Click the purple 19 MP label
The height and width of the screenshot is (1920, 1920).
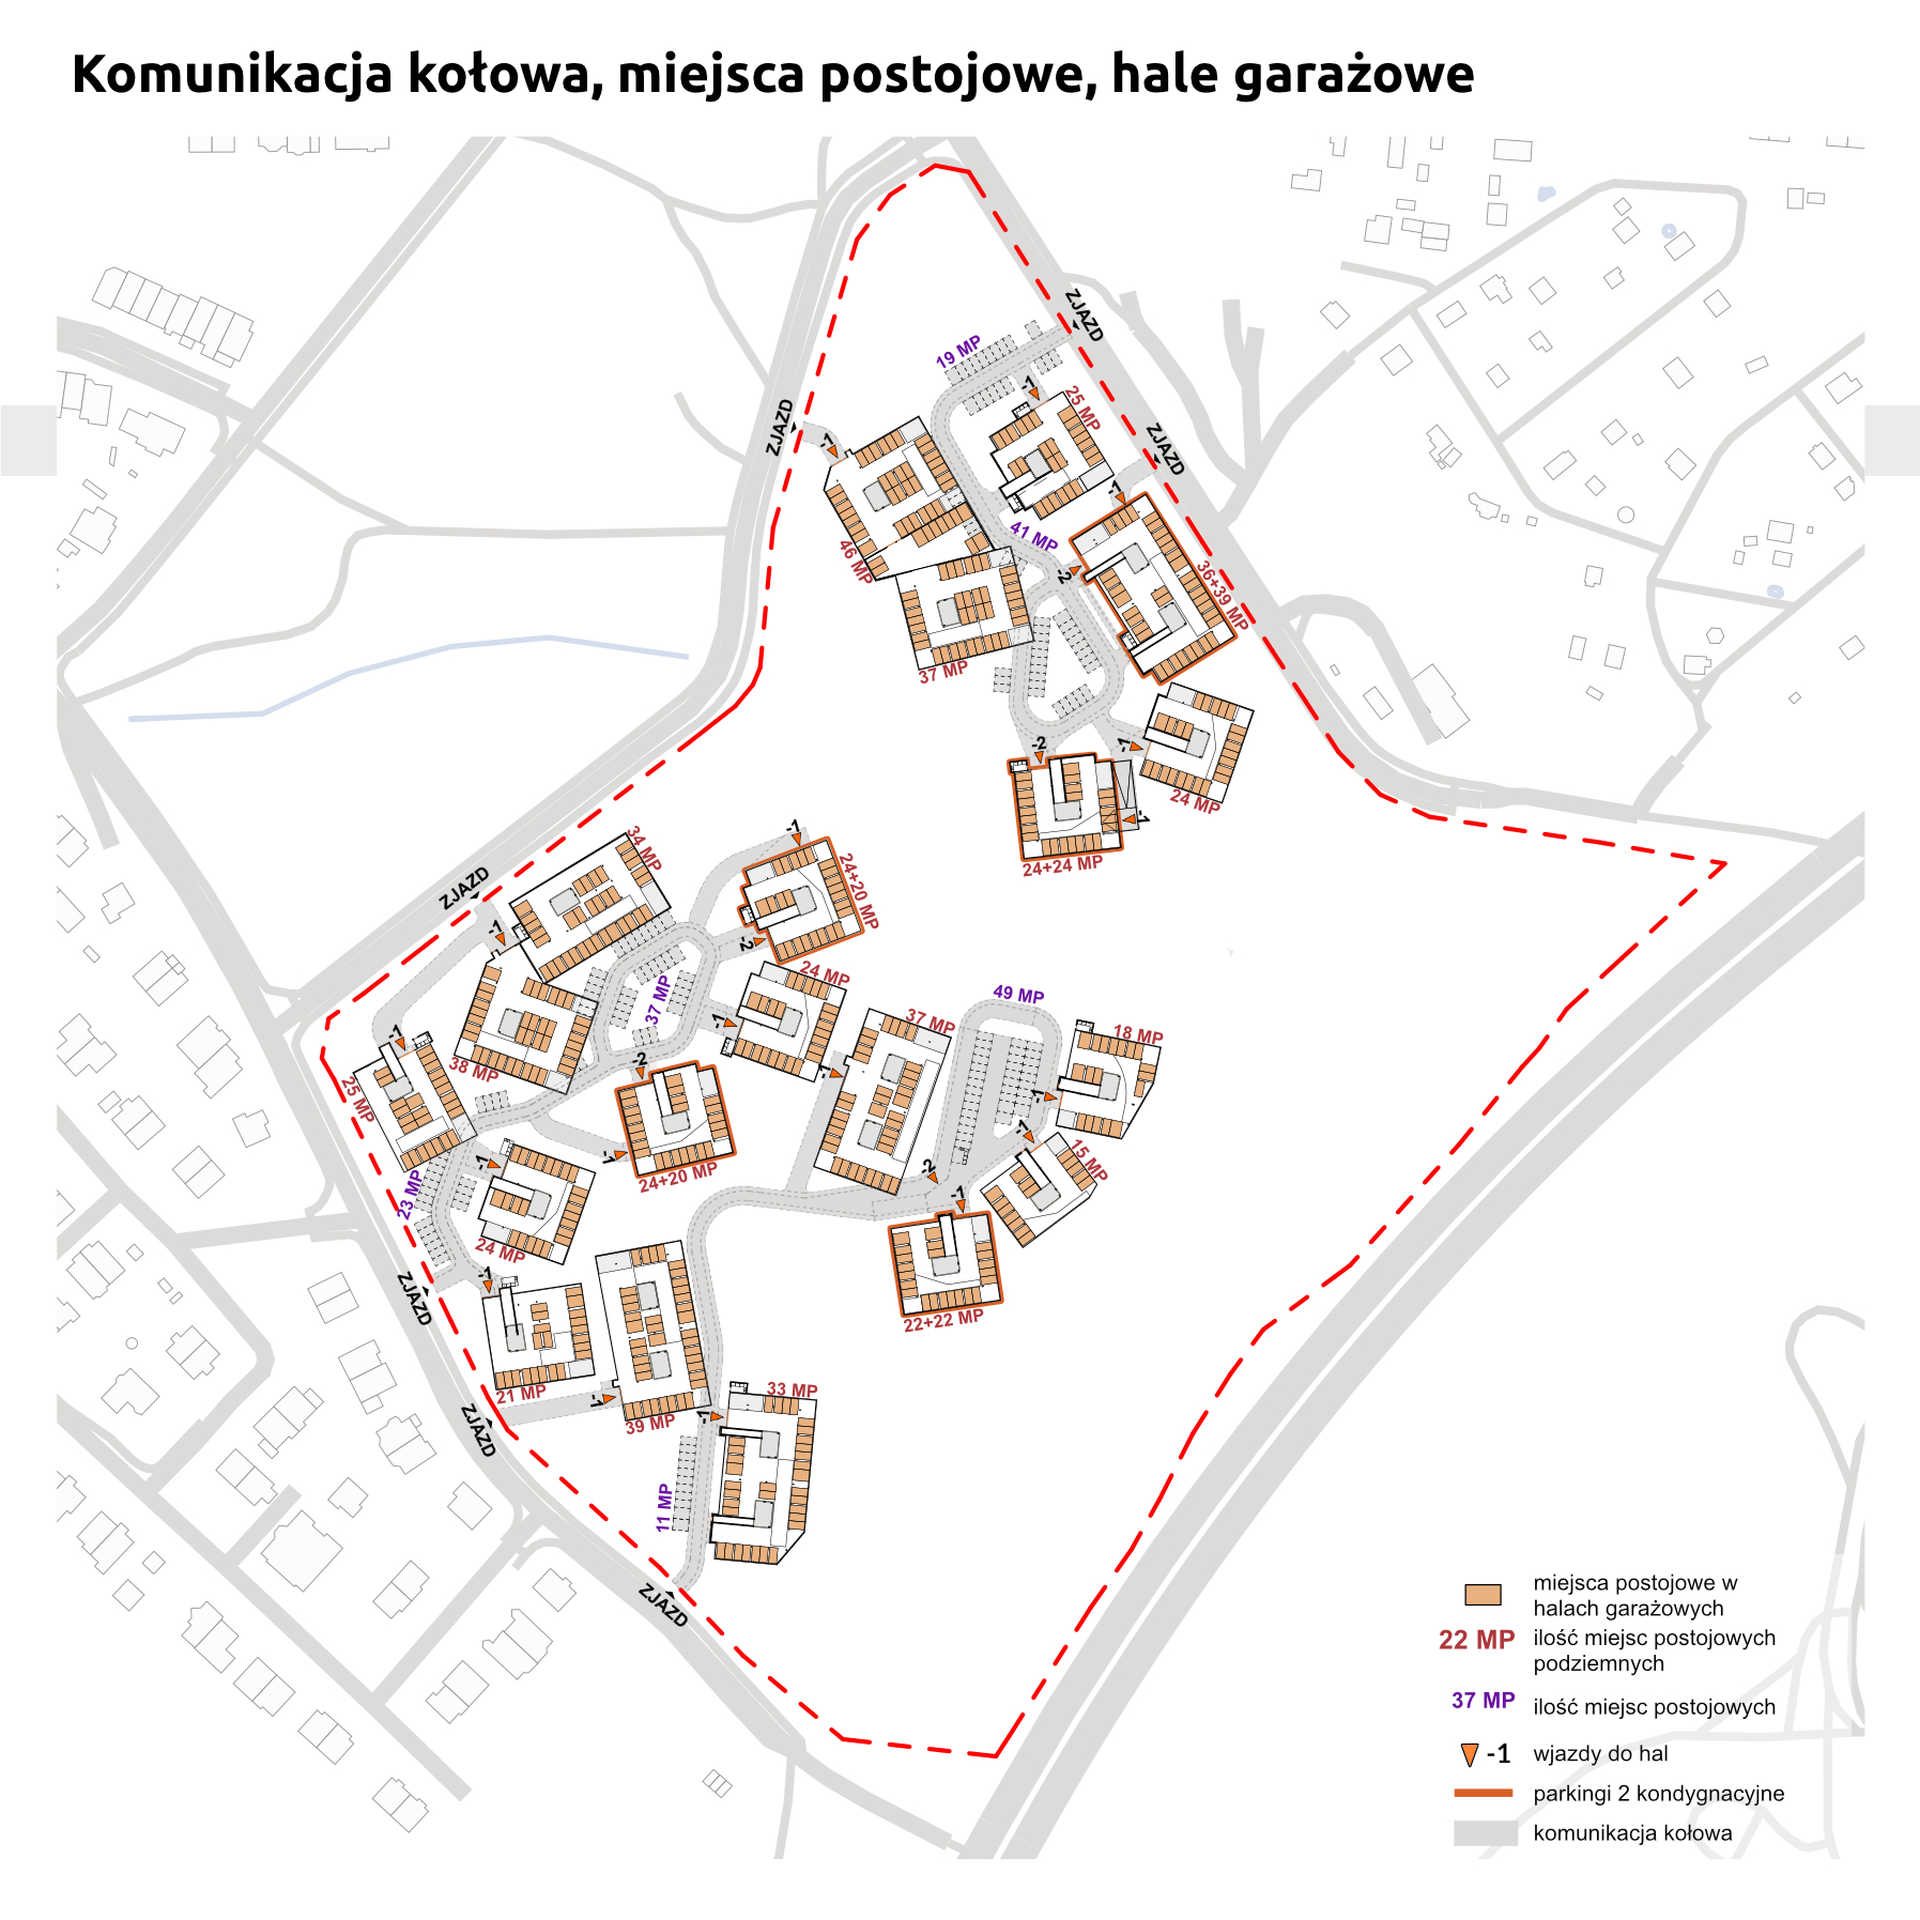pos(958,352)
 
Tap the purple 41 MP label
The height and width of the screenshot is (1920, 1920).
pos(1033,536)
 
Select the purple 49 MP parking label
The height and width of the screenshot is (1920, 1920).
pos(1018,994)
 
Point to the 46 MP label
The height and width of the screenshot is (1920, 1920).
pos(855,561)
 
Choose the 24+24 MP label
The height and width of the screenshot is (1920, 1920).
pos(1062,865)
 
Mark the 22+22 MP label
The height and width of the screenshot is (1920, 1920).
pos(943,1320)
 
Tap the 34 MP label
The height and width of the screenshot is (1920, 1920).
pos(644,848)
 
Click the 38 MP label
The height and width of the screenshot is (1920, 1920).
pos(473,1069)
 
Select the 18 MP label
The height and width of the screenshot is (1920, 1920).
pos(1138,1035)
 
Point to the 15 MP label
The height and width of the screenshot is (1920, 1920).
pos(1089,1160)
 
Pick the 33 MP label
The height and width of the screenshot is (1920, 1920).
pos(792,1390)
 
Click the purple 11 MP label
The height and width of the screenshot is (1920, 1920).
pos(664,1507)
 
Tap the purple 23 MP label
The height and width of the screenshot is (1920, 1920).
pos(409,1193)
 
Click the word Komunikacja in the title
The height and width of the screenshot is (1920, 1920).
pos(232,76)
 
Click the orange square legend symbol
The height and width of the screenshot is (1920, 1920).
pos(1482,1594)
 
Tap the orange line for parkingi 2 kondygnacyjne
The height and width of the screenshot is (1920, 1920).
pos(1482,1793)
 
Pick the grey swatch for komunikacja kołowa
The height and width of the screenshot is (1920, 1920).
pos(1484,1833)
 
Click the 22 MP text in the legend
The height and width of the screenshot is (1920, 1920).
pos(1476,1640)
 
